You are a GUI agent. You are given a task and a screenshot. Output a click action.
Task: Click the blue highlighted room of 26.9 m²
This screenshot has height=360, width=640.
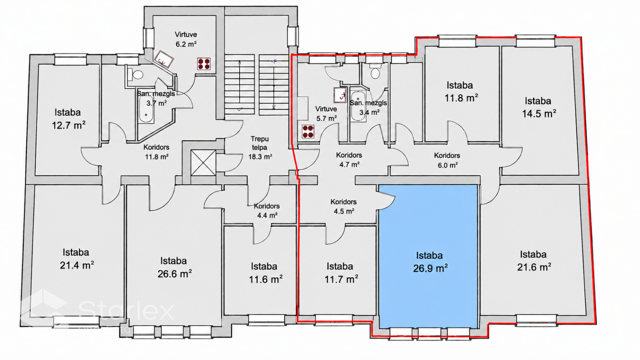[428, 256]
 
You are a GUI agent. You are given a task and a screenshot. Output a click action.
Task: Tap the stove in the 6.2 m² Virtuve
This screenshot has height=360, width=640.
[204, 64]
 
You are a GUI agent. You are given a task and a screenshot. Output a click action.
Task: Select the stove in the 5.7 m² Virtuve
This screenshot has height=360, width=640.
[308, 132]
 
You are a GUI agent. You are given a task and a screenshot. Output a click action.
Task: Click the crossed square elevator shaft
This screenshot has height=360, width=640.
[203, 162]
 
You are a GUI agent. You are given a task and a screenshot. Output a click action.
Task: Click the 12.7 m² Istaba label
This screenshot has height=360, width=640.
[68, 118]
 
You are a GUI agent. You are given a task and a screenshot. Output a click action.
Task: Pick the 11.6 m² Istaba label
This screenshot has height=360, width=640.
[265, 272]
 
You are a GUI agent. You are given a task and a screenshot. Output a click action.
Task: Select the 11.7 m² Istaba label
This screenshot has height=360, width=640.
[341, 272]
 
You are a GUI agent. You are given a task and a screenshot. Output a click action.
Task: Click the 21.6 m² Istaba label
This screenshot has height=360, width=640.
[534, 260]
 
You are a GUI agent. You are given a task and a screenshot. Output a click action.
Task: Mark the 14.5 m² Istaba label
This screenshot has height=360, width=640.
[539, 107]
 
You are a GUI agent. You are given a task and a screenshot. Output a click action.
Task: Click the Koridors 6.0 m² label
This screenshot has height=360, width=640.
[447, 160]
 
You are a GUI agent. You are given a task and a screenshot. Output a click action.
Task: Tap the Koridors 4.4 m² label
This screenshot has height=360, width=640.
[267, 210]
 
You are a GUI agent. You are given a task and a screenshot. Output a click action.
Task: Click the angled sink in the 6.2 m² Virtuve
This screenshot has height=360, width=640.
[164, 59]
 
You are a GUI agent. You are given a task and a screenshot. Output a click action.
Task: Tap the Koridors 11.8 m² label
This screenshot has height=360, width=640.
[156, 152]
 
